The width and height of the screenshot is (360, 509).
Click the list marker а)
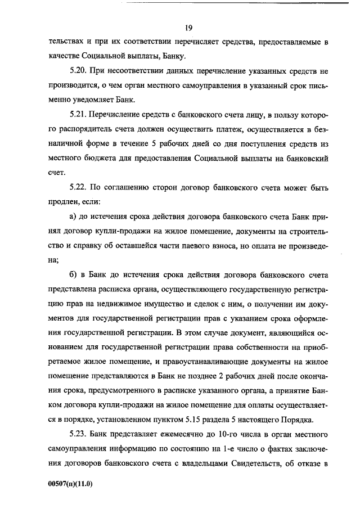[x=73, y=217]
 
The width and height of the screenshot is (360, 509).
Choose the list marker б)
[x=73, y=274]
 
